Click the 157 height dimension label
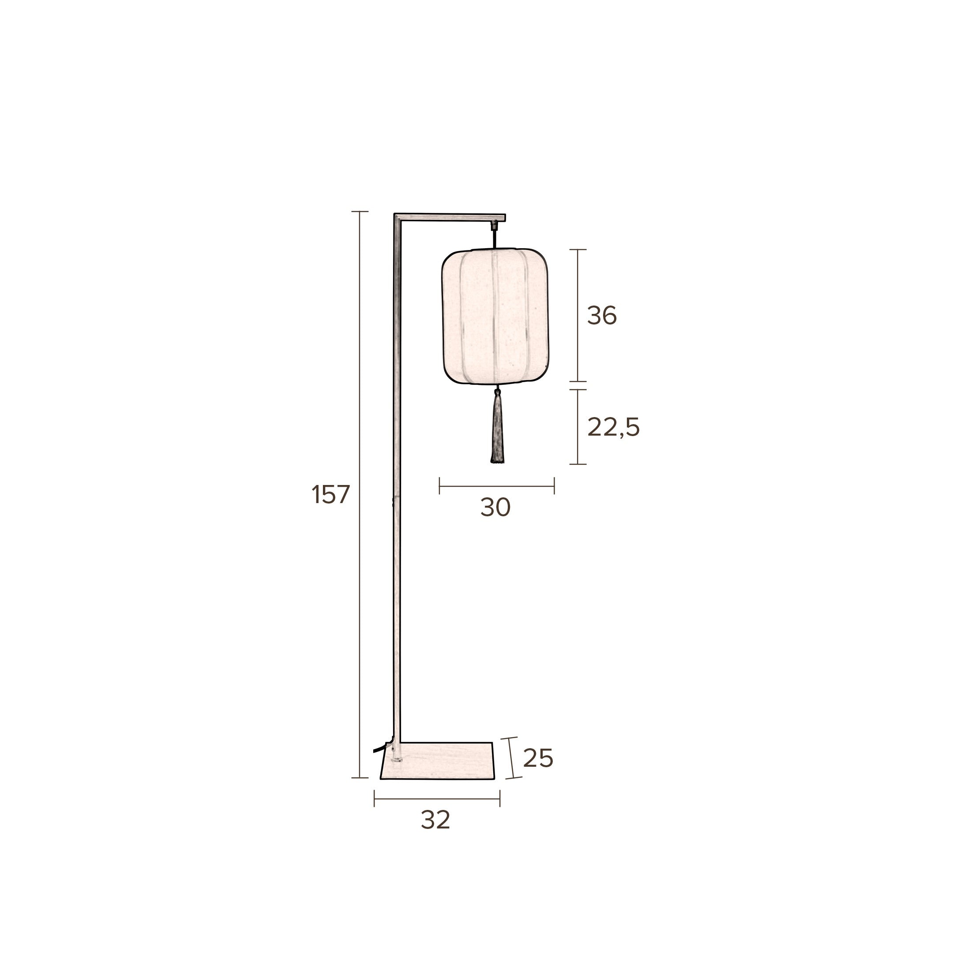point(330,494)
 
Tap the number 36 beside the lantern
point(602,316)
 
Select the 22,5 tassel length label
point(613,427)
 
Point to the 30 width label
point(495,507)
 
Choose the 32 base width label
point(436,834)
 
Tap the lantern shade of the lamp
point(495,317)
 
